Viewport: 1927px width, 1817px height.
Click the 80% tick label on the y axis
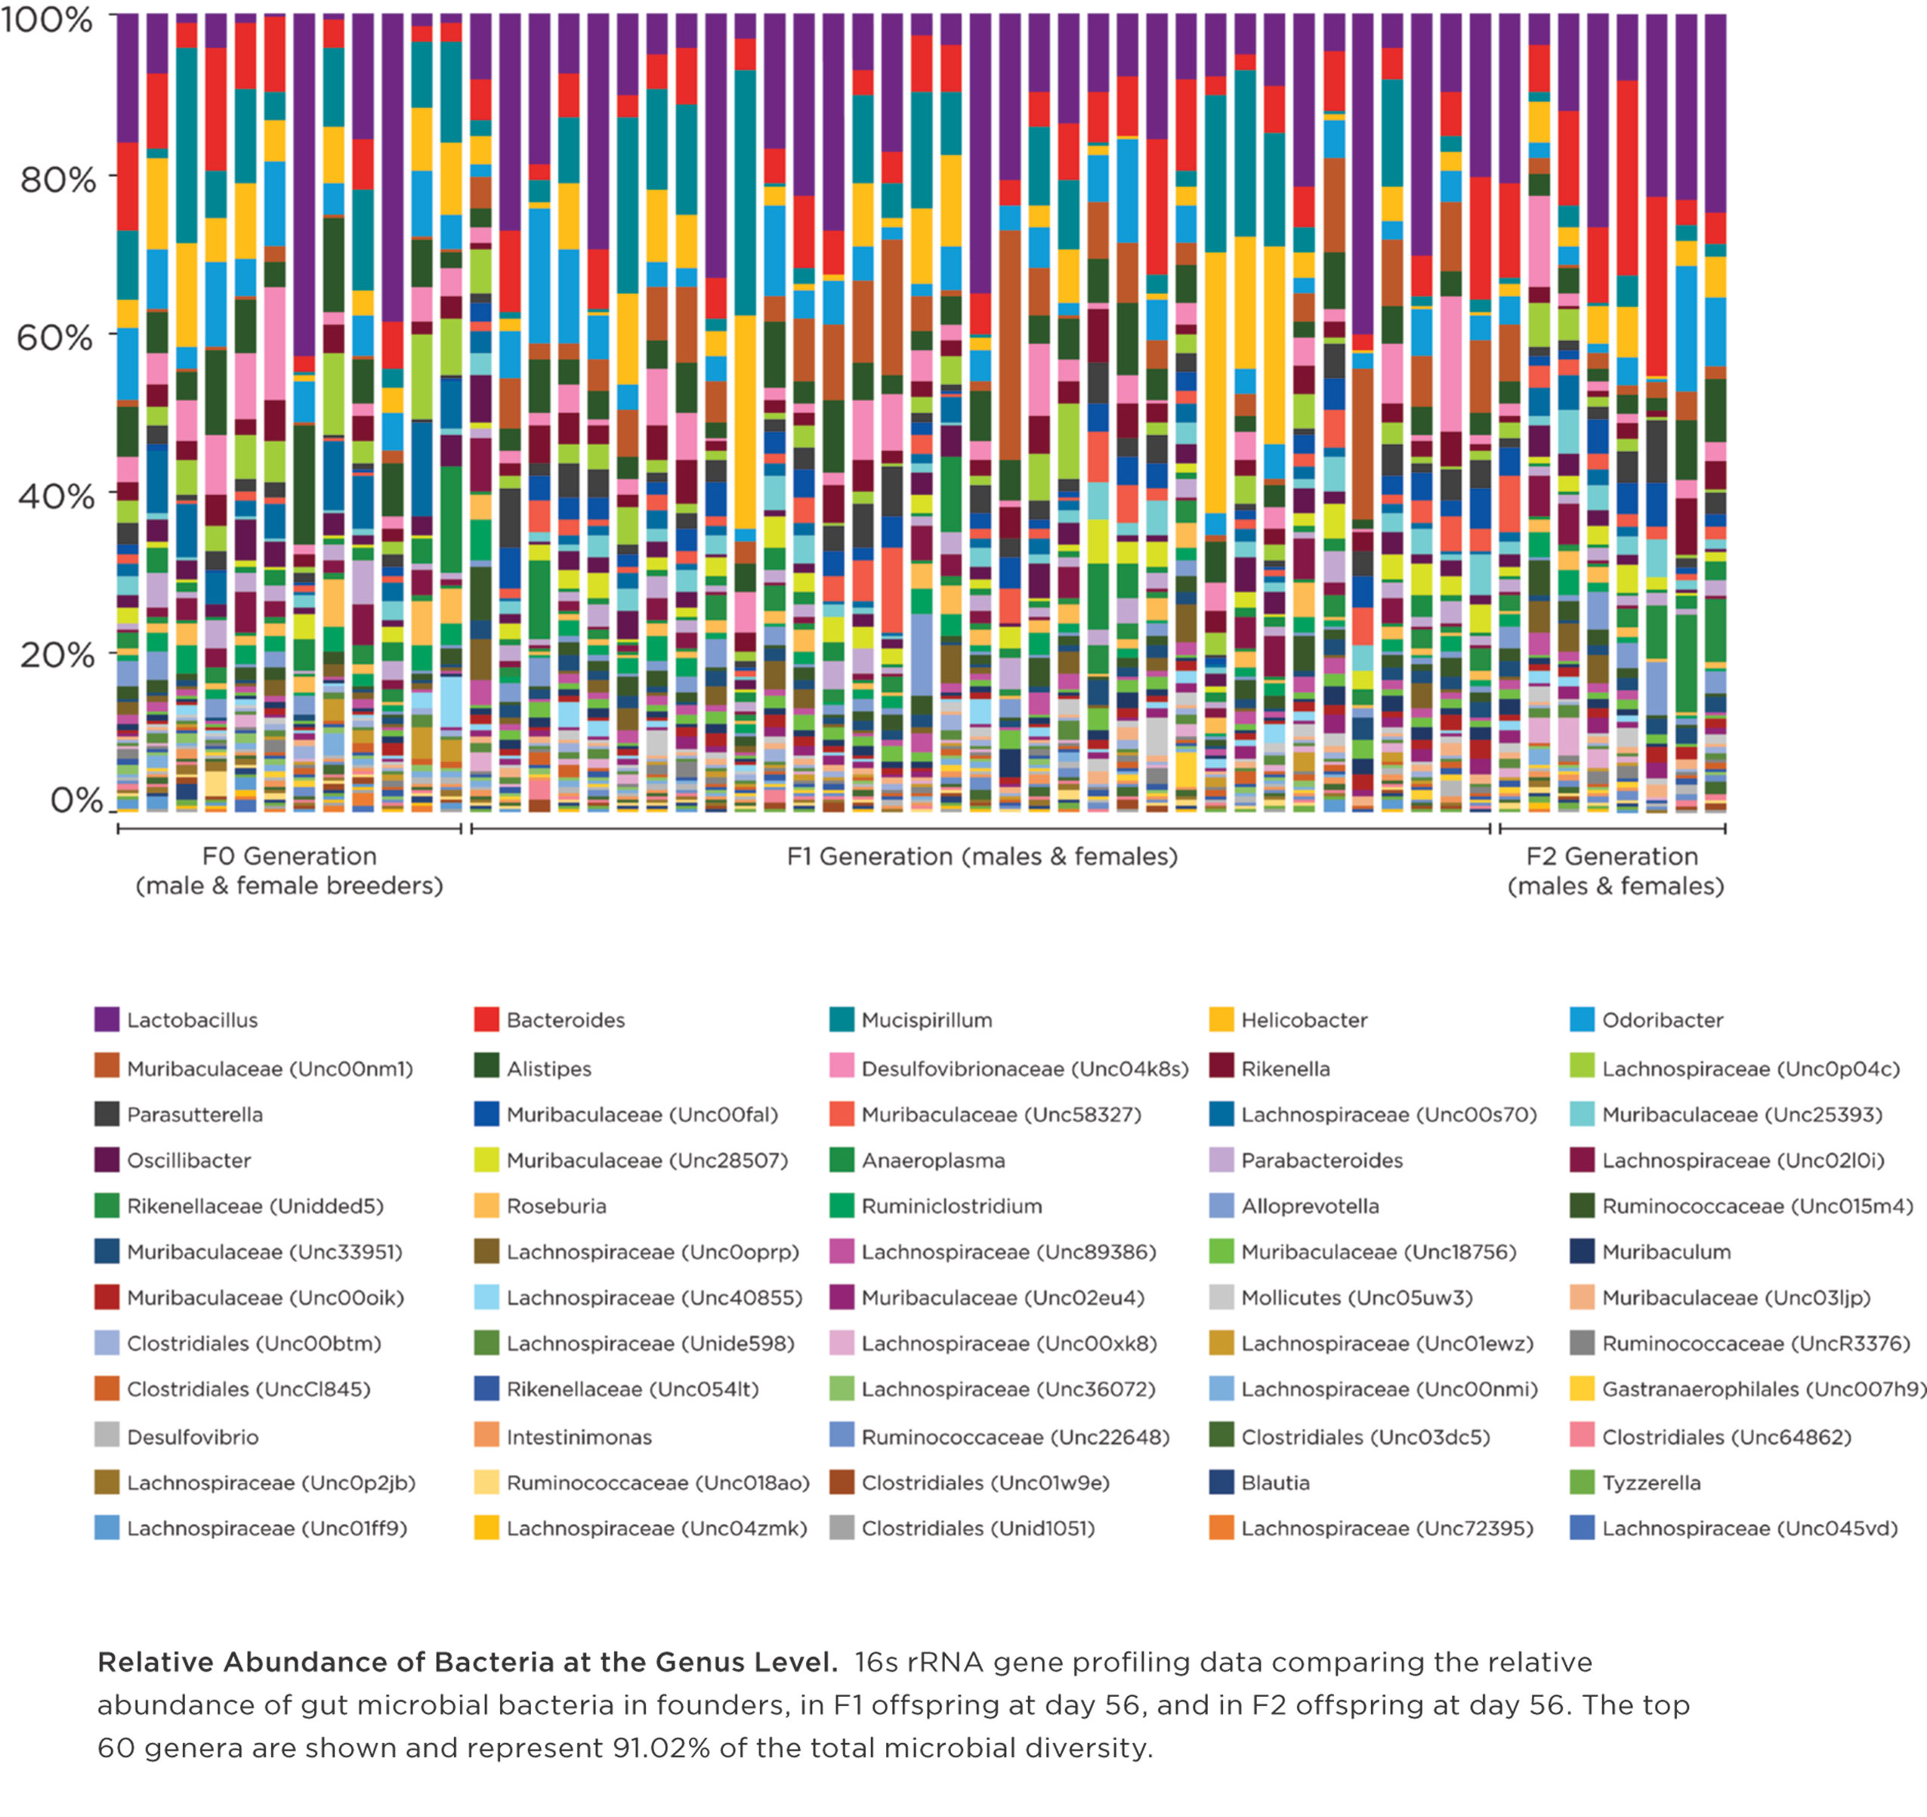(x=58, y=179)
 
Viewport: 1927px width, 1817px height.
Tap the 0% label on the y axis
(x=76, y=800)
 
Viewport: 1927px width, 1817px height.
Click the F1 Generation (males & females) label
(x=982, y=856)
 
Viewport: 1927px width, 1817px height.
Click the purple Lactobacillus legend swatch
(x=107, y=1019)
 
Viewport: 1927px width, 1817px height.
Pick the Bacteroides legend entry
(x=565, y=1020)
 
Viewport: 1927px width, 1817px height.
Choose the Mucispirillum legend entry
(x=925, y=1020)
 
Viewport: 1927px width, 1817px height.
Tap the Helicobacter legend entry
(x=1304, y=1020)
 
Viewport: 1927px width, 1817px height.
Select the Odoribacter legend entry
(x=1661, y=1020)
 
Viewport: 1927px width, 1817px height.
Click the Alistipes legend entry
(x=548, y=1068)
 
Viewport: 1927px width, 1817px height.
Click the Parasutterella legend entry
(x=194, y=1114)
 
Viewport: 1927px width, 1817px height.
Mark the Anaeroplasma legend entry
(x=932, y=1160)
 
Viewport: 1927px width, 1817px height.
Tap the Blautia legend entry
(x=1274, y=1482)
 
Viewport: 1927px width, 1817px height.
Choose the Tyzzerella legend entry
(x=1650, y=1482)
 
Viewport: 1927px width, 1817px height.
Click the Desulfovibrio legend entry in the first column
(x=192, y=1436)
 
